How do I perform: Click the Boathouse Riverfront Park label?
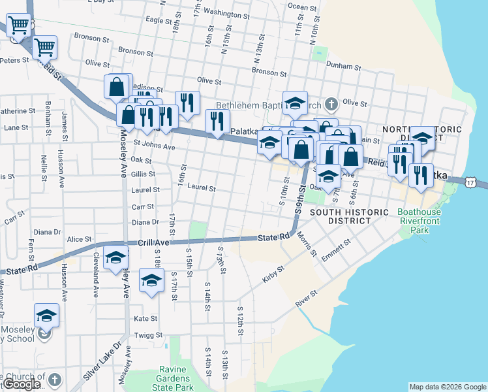point(419,221)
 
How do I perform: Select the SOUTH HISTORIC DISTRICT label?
point(341,217)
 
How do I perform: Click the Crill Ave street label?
point(153,242)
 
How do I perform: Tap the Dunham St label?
point(345,66)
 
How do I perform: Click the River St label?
point(305,299)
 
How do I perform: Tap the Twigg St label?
point(149,335)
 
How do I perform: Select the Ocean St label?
point(301,7)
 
